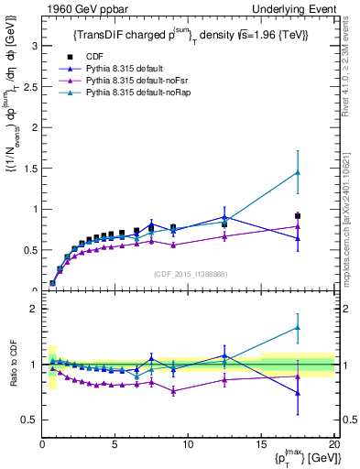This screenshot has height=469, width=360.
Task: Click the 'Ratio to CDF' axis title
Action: click(11, 365)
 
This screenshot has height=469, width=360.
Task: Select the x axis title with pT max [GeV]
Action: click(302, 458)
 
